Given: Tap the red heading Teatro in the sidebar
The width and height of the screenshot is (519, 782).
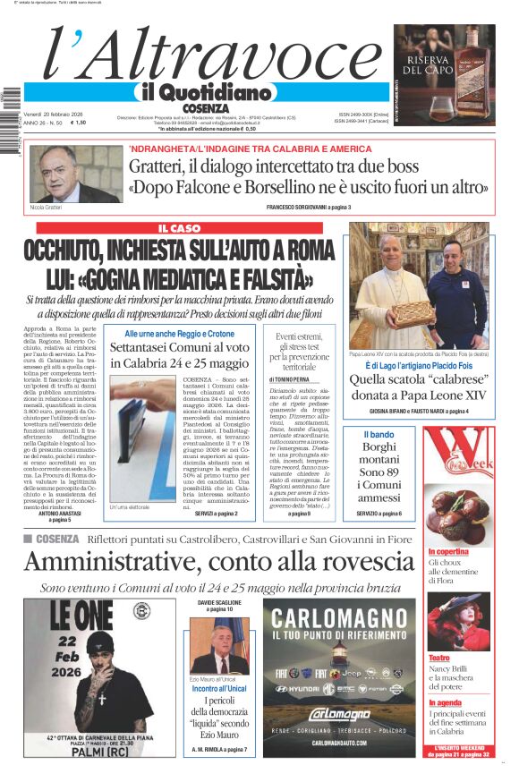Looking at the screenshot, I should pyautogui.click(x=438, y=658).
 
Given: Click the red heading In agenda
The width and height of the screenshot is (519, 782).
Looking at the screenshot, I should pyautogui.click(x=445, y=703).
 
